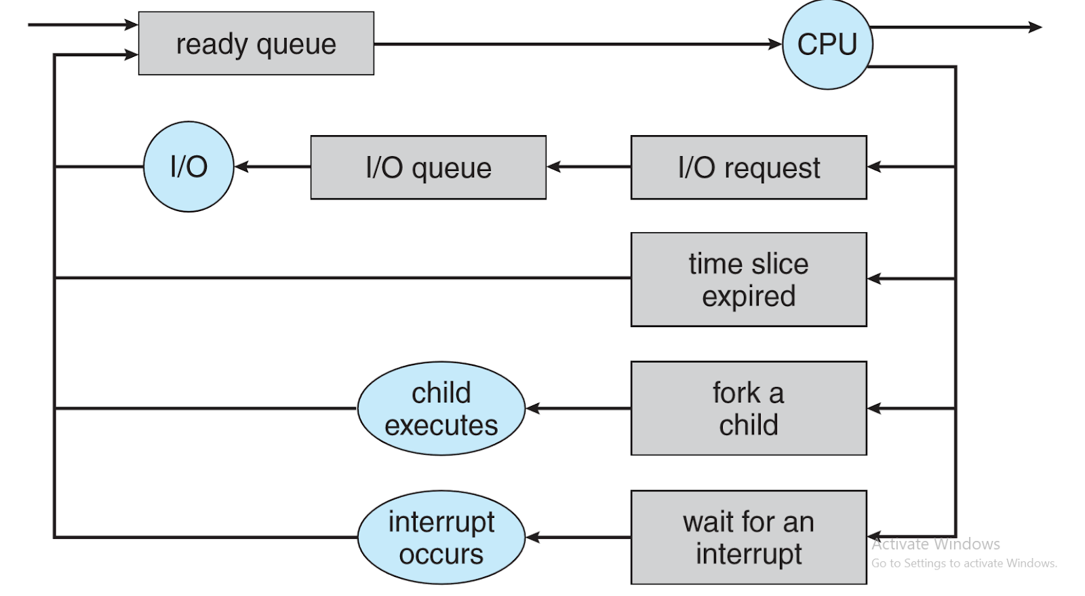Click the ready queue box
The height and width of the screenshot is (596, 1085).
[x=256, y=43]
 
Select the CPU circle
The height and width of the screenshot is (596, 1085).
[x=827, y=45]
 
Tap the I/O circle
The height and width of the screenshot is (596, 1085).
[x=189, y=166]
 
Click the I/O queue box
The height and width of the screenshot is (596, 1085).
[x=428, y=167]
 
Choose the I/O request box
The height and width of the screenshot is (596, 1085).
[x=748, y=167]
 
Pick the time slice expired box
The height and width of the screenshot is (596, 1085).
[x=748, y=279]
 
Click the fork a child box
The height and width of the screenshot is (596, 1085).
[x=748, y=408]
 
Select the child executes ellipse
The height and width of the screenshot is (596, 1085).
[x=441, y=408]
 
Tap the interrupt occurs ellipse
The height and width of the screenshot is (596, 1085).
[x=441, y=537]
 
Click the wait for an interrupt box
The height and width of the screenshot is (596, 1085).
[x=748, y=537]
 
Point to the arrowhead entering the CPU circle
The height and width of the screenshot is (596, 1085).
[x=776, y=44]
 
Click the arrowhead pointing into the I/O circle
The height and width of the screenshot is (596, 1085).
[x=241, y=166]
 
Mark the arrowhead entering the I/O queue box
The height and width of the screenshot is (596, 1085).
[x=553, y=166]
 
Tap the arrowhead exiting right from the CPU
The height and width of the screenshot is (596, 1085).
[x=1035, y=27]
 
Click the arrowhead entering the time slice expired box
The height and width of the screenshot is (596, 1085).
[x=874, y=278]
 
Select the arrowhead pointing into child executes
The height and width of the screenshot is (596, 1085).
[x=532, y=408]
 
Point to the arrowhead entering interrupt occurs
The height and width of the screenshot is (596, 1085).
[x=532, y=537]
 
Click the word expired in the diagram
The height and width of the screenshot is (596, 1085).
[x=748, y=297]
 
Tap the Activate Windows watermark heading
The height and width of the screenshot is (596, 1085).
[x=935, y=544]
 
